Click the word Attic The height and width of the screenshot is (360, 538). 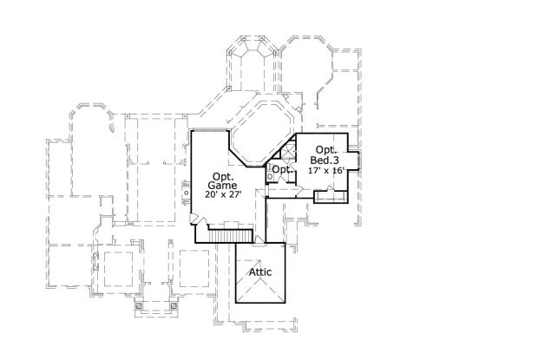click(x=260, y=272)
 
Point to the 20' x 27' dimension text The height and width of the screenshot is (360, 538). click(x=223, y=194)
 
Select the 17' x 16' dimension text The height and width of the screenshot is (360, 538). click(x=326, y=171)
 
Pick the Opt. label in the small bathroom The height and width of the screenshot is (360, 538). click(x=292, y=169)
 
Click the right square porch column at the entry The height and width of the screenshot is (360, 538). click(x=174, y=305)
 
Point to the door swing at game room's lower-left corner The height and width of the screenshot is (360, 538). click(x=195, y=220)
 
